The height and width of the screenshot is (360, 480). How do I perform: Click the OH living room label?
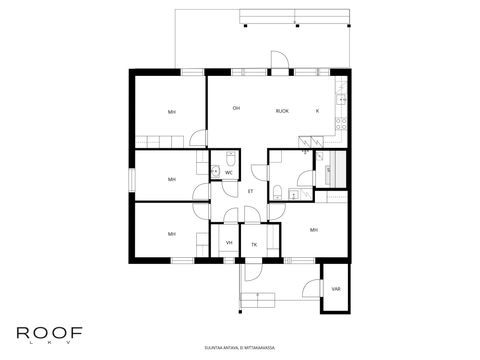point(236,108)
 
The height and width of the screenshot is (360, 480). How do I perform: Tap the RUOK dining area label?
point(282,110)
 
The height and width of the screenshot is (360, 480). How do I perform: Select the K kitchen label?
point(317,110)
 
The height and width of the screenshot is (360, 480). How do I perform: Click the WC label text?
point(229,173)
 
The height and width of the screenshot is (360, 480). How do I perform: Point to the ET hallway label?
point(251,191)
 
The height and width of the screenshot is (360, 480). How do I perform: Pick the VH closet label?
point(229,244)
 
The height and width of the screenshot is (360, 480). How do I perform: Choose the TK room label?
point(254,244)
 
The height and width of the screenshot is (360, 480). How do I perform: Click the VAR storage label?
point(335,289)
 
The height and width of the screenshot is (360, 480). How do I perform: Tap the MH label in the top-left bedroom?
point(172,112)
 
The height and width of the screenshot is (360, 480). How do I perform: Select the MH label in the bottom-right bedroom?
point(314,230)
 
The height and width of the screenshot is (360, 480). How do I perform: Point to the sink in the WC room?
point(214,172)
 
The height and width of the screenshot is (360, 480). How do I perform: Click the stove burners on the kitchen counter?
point(343,124)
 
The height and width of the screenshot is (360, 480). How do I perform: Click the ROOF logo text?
point(49,332)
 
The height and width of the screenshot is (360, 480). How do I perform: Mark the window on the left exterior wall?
point(130,176)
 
